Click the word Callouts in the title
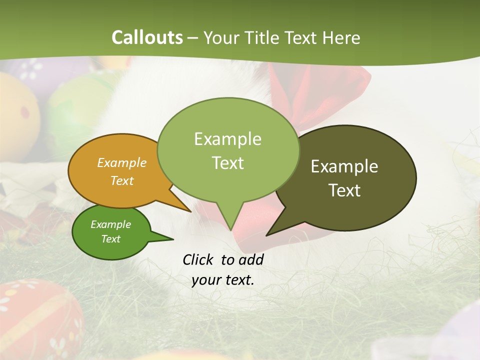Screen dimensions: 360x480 147,37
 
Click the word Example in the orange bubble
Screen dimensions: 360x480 122,162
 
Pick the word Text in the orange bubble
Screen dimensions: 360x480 122,180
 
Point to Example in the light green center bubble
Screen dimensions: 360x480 227,138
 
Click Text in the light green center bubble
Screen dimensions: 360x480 228,162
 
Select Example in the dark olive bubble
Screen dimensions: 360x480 344,166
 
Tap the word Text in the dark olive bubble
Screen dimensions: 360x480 344,190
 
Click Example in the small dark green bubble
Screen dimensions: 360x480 111,224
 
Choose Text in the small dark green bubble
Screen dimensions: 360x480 111,239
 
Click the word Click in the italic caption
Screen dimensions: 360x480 198,259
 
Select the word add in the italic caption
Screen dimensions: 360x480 251,259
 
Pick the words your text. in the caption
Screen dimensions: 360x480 223,280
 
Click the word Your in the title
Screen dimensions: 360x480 221,37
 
